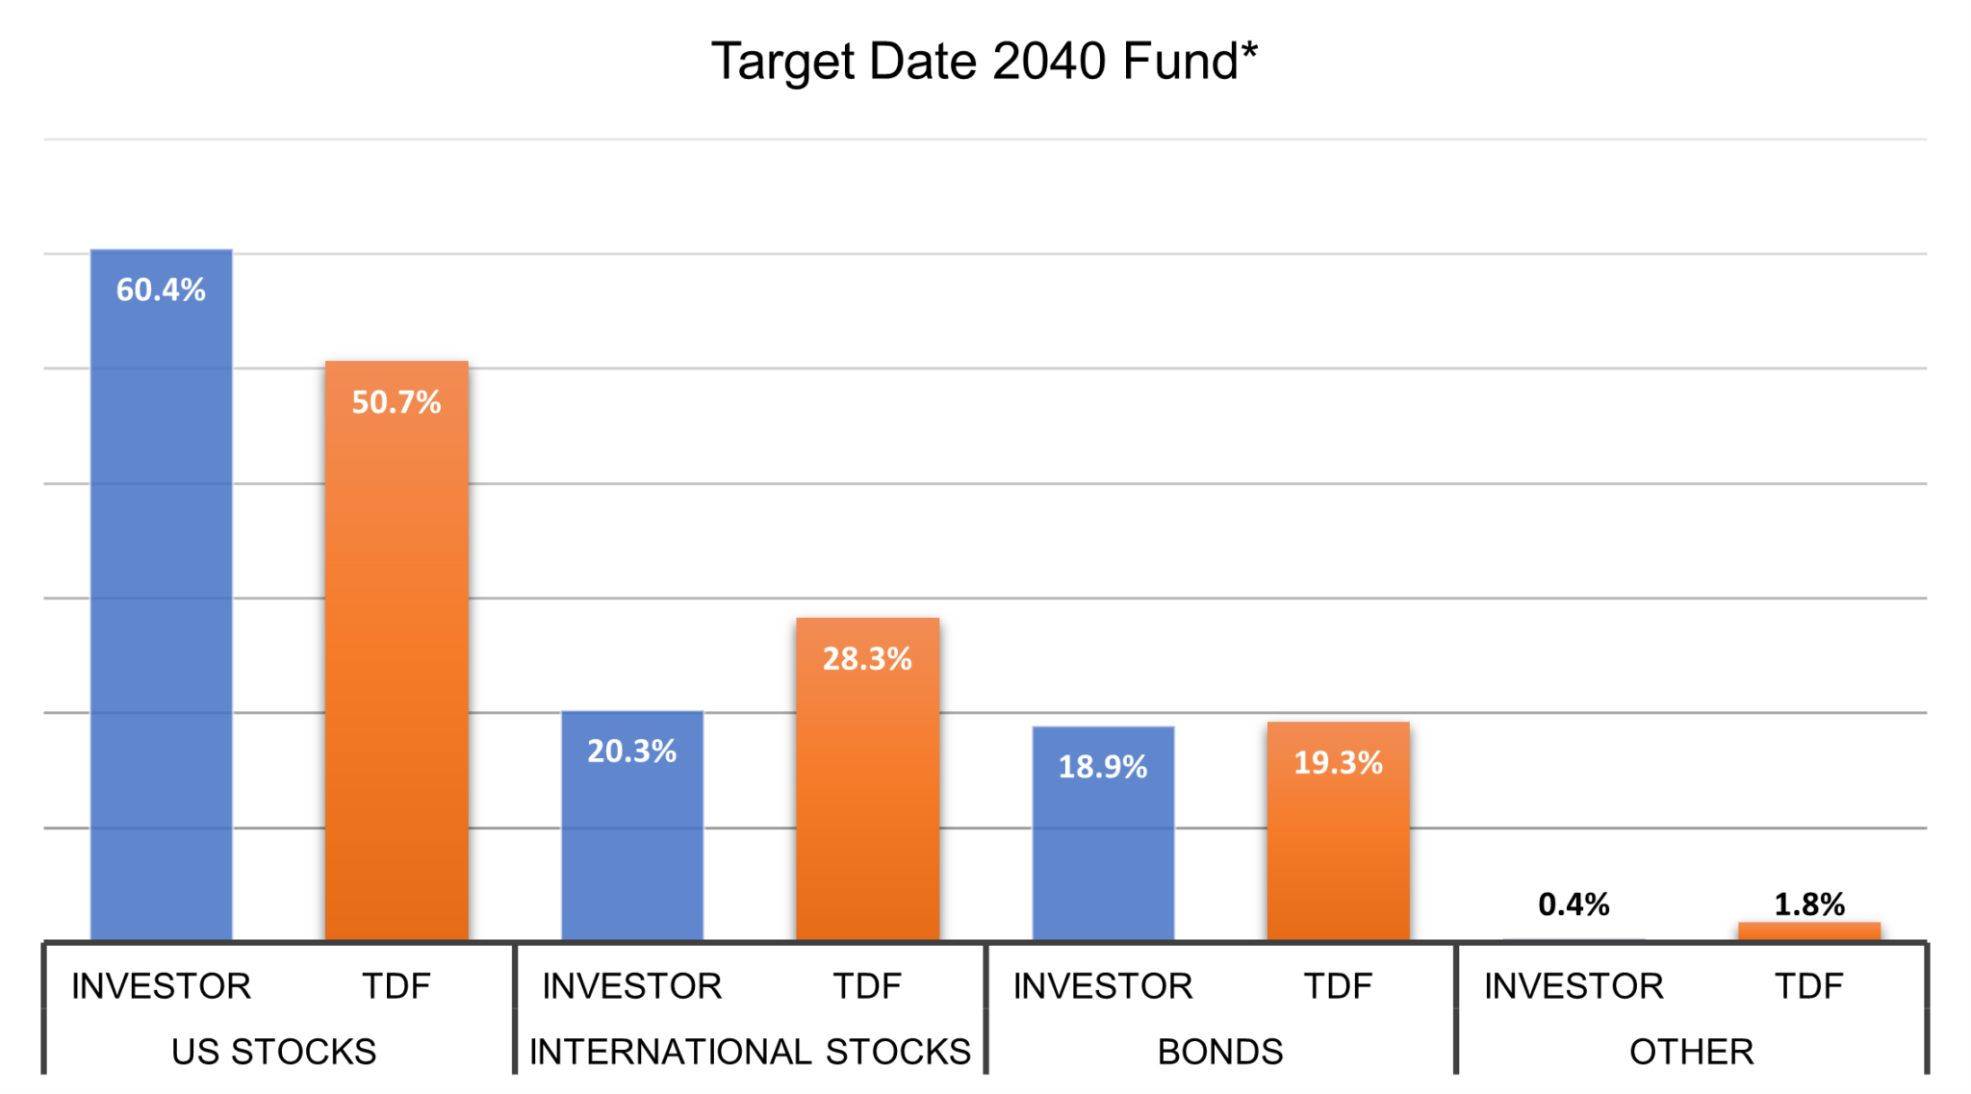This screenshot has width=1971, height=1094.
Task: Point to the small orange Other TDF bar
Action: tap(1808, 930)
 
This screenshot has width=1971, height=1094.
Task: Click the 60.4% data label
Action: tap(161, 290)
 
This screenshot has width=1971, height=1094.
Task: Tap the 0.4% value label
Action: tap(1574, 904)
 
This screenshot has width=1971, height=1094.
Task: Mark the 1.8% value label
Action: tap(1808, 904)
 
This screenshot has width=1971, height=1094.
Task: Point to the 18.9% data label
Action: tap(1103, 767)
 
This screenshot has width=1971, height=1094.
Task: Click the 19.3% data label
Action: tap(1338, 763)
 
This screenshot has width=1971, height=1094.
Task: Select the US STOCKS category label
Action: tap(273, 1052)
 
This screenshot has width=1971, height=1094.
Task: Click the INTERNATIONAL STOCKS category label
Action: tap(750, 1052)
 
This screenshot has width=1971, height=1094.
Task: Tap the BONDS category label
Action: tap(1220, 1052)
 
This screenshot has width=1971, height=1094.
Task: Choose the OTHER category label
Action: tap(1691, 1052)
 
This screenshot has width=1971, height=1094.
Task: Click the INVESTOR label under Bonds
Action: tap(1103, 986)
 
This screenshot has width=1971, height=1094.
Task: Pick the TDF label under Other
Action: tap(1808, 986)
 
